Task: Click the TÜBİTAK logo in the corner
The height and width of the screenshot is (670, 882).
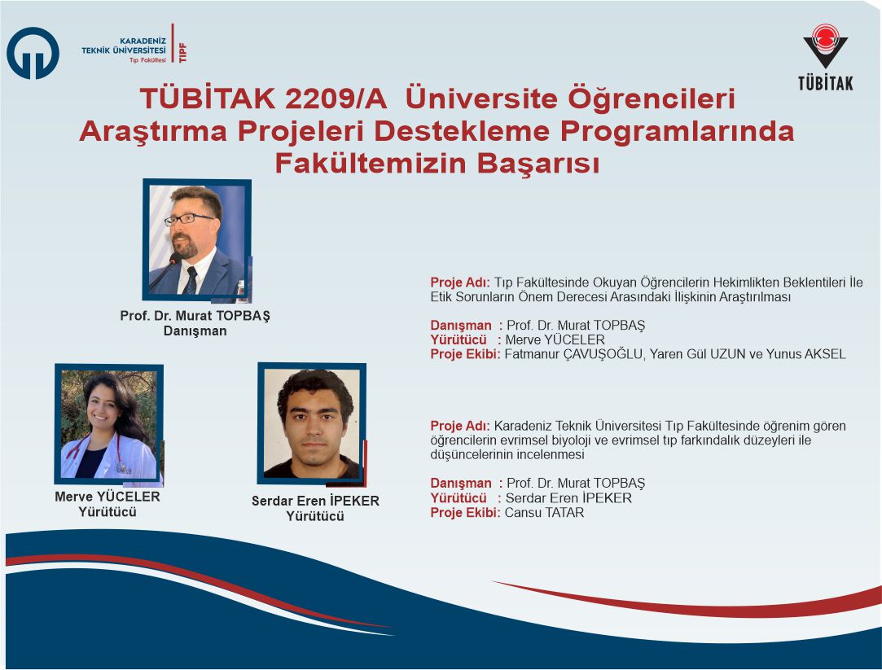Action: tap(825, 57)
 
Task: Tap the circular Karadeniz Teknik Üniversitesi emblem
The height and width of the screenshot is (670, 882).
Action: tap(33, 54)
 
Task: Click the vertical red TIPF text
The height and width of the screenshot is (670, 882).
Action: tap(182, 52)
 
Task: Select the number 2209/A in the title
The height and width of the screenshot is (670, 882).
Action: tap(336, 99)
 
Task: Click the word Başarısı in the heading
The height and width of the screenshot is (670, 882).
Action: tap(538, 164)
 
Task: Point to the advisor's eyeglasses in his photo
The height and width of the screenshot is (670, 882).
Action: tap(188, 219)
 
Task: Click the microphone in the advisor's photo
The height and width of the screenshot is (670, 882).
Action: tap(166, 269)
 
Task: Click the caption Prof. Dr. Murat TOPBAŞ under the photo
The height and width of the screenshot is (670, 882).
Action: tap(195, 315)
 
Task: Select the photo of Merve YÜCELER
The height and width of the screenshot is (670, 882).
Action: tap(109, 424)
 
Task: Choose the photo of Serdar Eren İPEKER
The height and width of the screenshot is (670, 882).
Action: tap(312, 424)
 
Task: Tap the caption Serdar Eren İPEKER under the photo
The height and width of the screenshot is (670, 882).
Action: tap(315, 501)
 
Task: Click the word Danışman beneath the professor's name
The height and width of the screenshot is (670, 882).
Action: tap(195, 331)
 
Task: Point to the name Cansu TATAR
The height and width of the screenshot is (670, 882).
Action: tap(544, 513)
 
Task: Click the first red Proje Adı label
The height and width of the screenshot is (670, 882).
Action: tap(460, 282)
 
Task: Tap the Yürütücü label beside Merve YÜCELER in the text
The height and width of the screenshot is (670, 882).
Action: tap(459, 340)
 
